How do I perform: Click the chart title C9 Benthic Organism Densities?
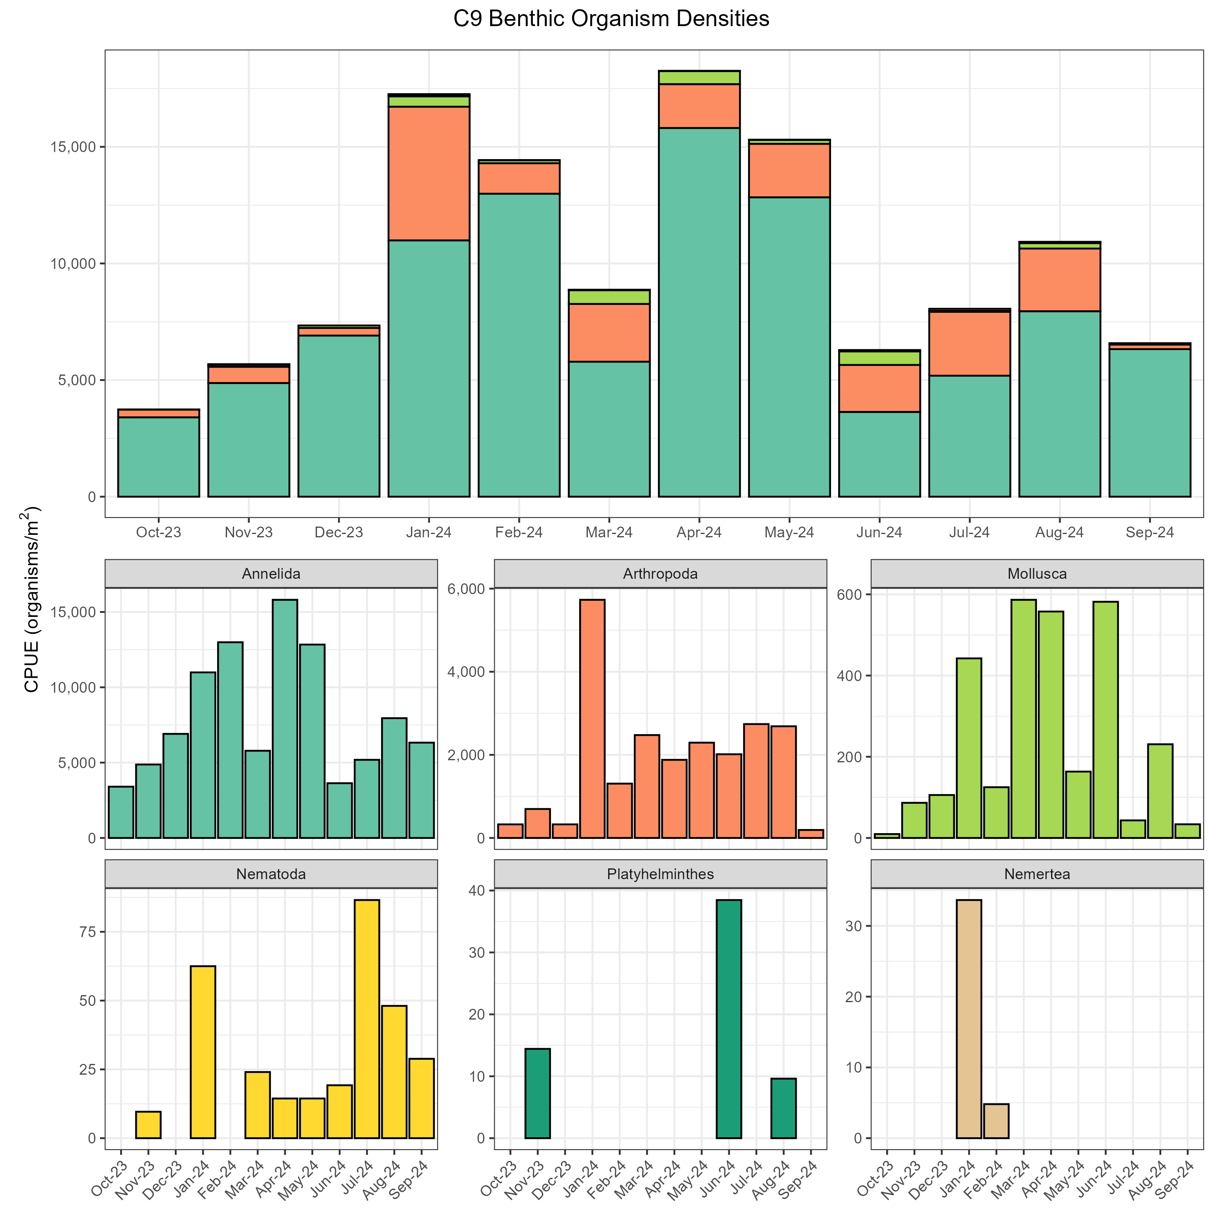point(611,19)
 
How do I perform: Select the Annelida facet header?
point(271,573)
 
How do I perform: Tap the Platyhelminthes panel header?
point(660,874)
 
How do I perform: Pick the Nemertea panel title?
point(1037,874)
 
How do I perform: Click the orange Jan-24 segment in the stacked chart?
point(428,174)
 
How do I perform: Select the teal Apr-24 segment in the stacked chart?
point(699,312)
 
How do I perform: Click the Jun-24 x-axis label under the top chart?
point(879,532)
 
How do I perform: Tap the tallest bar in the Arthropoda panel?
point(592,718)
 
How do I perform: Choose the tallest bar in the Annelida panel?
point(285,718)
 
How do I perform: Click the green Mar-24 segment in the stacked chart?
point(609,297)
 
